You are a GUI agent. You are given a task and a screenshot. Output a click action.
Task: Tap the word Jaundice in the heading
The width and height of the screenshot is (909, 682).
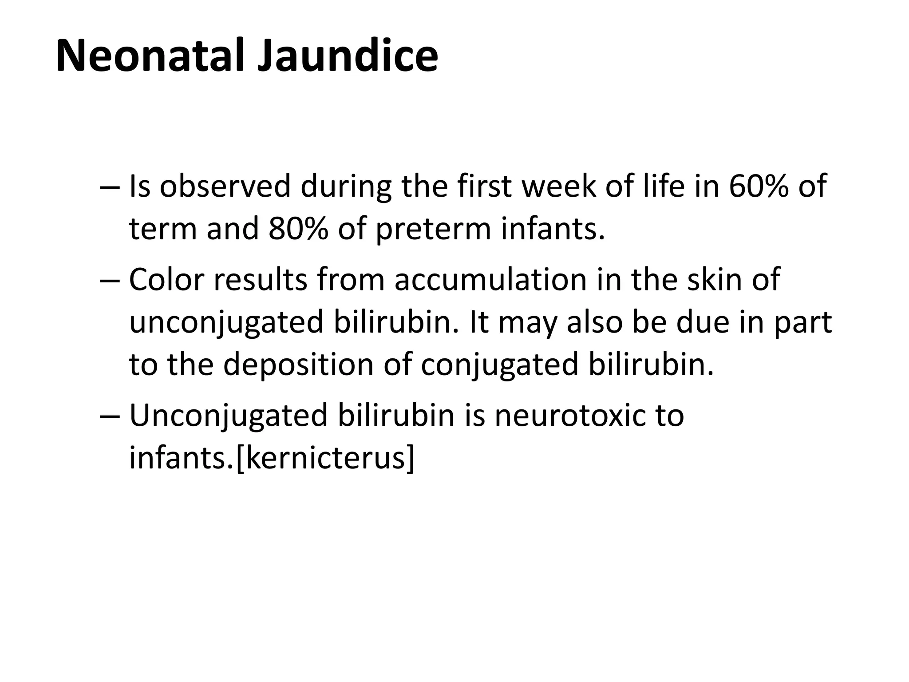point(348,56)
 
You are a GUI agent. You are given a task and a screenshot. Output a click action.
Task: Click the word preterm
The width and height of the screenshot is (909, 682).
point(433,230)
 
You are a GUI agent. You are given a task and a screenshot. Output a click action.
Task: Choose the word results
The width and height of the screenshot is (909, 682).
point(261,279)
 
